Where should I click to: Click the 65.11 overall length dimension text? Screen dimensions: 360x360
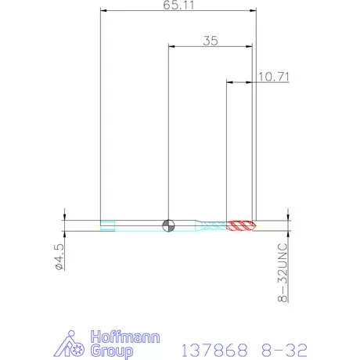179,5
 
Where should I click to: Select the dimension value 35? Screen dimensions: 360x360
211,41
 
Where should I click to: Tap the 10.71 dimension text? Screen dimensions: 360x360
274,77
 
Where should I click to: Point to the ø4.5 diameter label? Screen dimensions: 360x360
59,257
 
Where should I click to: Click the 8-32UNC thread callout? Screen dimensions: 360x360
283,272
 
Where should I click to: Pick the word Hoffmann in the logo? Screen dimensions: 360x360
125,337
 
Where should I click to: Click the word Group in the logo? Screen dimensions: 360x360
112,351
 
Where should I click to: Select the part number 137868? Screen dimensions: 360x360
214,350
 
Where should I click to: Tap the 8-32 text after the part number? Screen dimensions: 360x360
284,350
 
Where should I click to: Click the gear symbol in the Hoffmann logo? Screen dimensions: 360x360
77,350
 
